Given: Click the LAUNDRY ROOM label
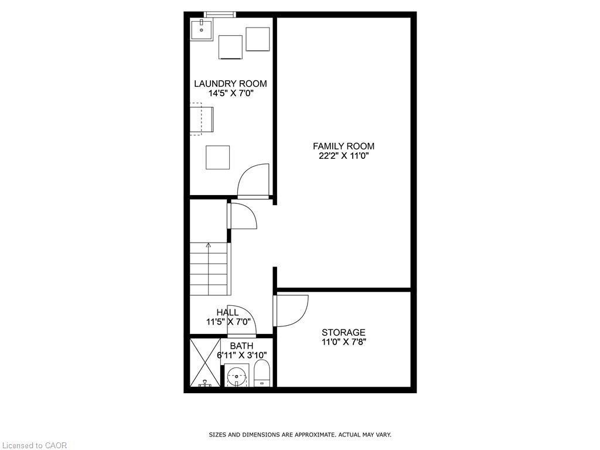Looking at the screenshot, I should click(x=230, y=84).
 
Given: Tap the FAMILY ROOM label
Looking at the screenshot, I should click(x=343, y=146).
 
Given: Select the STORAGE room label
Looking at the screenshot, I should click(x=343, y=333).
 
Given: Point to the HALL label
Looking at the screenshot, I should click(x=227, y=312).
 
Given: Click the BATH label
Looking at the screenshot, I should click(x=241, y=346).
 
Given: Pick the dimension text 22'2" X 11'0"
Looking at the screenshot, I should click(x=343, y=156).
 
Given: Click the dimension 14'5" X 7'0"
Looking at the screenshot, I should click(x=230, y=93).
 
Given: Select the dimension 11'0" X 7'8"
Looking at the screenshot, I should click(x=343, y=342).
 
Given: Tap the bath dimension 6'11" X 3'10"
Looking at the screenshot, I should click(x=241, y=355).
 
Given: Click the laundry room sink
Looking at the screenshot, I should click(x=202, y=29).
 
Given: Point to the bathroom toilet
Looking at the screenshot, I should click(x=261, y=373).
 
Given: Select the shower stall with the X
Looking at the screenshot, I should click(x=204, y=363).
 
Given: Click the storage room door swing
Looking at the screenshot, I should click(x=292, y=311).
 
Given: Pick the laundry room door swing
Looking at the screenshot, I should click(x=253, y=180).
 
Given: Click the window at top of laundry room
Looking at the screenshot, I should click(x=220, y=14).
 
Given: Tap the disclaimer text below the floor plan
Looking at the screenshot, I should click(x=300, y=435).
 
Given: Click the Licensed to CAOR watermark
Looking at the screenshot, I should click(x=34, y=445).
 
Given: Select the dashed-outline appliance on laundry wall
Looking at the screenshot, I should click(x=196, y=119).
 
